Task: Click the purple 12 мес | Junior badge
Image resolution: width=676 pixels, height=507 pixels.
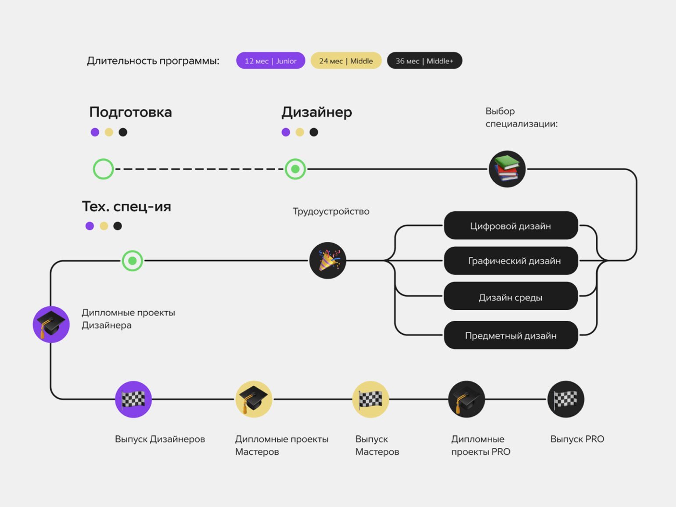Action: [x=270, y=61]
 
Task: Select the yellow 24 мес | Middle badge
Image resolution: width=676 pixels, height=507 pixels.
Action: [x=346, y=61]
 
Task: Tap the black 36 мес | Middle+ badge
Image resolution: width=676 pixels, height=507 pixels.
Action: [x=424, y=61]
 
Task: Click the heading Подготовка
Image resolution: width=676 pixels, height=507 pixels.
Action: [x=130, y=112]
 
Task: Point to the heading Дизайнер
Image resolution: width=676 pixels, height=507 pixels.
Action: [x=316, y=112]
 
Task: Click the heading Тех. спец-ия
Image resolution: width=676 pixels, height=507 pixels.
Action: [x=126, y=207]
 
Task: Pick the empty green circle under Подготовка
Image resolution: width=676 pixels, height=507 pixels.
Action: [x=104, y=169]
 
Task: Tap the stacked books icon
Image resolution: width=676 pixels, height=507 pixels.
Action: [x=507, y=169]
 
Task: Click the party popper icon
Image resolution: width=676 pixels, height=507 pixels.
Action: [x=327, y=260]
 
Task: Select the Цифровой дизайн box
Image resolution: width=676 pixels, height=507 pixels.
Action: [x=511, y=226]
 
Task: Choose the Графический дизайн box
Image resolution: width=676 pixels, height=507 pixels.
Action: [x=511, y=261]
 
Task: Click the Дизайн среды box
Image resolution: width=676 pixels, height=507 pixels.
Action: [x=511, y=296]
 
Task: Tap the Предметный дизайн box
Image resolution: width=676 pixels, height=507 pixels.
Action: [x=511, y=335]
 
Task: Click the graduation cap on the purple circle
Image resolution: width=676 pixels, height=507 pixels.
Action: [x=51, y=324]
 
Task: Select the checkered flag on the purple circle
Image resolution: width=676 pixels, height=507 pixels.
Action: [x=133, y=399]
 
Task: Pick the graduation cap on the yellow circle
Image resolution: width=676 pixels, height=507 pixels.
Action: [x=254, y=399]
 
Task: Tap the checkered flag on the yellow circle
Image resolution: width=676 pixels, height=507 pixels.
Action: [x=370, y=399]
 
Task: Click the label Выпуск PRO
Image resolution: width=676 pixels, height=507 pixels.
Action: [x=577, y=439]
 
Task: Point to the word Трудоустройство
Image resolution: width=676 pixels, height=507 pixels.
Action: [x=331, y=212]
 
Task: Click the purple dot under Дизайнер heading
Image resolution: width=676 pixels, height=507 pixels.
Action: [x=286, y=133]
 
